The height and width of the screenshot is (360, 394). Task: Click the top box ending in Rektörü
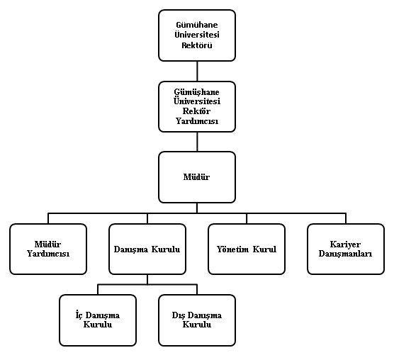197,35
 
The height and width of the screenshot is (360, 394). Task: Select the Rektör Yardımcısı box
197,106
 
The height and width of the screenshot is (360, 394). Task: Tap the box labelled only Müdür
197,177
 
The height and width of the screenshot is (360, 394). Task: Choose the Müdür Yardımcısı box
48,249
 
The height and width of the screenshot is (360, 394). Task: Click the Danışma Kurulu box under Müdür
147,249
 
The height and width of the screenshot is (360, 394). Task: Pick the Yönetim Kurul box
247,249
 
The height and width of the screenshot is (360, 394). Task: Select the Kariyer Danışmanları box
346,249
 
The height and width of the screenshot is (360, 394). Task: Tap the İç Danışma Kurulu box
98,320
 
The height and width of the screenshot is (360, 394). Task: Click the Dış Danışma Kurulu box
197,320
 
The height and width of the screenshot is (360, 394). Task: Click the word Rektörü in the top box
197,45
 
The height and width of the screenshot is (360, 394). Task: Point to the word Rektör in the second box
196,111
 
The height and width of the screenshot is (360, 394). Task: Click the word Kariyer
345,244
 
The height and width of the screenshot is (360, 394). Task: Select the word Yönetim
232,249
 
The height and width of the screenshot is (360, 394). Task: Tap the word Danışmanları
345,254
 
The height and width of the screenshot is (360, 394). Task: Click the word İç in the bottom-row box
79,315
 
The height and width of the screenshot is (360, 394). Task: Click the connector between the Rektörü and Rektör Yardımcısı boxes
197,71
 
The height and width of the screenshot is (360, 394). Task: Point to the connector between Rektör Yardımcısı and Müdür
197,142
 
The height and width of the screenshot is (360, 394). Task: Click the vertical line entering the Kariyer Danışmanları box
346,218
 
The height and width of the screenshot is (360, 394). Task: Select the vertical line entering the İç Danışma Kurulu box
98,289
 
